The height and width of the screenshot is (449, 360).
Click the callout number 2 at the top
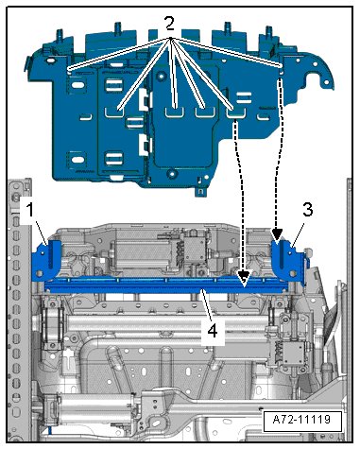click(x=170, y=24)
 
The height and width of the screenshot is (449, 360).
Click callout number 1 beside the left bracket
click(x=29, y=210)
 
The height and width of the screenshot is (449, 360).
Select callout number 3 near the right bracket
click(x=307, y=210)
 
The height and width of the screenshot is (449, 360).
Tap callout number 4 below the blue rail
click(x=213, y=331)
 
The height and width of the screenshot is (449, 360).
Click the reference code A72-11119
click(x=301, y=420)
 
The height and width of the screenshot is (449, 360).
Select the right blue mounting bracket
click(x=289, y=262)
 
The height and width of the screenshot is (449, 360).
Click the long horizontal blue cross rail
click(x=166, y=285)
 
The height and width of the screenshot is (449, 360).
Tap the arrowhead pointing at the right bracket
click(x=277, y=235)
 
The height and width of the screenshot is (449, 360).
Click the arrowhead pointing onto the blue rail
click(x=244, y=278)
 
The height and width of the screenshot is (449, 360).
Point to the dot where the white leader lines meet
click(x=171, y=39)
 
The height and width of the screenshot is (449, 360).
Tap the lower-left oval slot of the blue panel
click(x=77, y=160)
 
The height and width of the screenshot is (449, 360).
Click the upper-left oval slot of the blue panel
click(x=78, y=85)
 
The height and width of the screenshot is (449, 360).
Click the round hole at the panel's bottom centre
click(x=171, y=173)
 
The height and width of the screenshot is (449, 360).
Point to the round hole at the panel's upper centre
click(x=162, y=77)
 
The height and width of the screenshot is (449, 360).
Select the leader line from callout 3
click(x=296, y=232)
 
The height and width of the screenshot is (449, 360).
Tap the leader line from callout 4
click(x=205, y=306)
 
